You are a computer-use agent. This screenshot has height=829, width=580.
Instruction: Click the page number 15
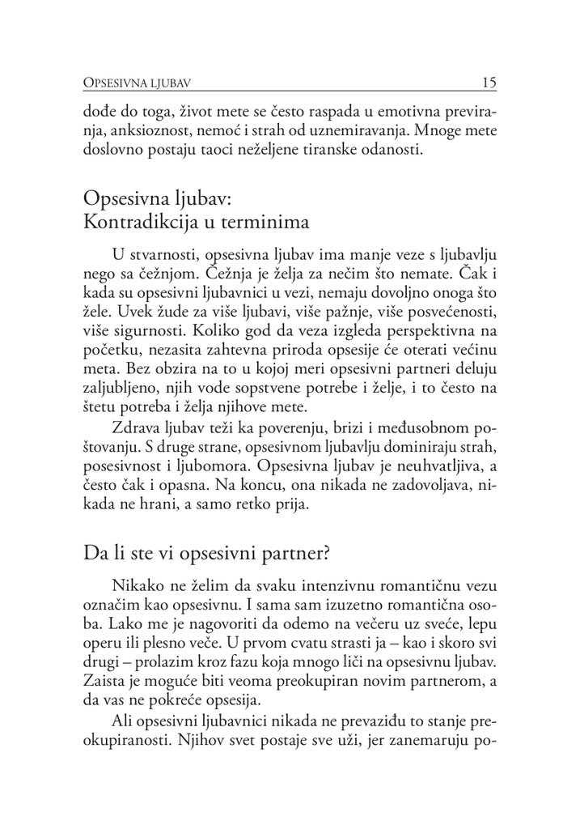click(x=488, y=82)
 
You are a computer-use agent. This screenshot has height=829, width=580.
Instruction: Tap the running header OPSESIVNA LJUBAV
click(x=143, y=83)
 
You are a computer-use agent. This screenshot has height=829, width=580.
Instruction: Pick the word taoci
click(x=237, y=149)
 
